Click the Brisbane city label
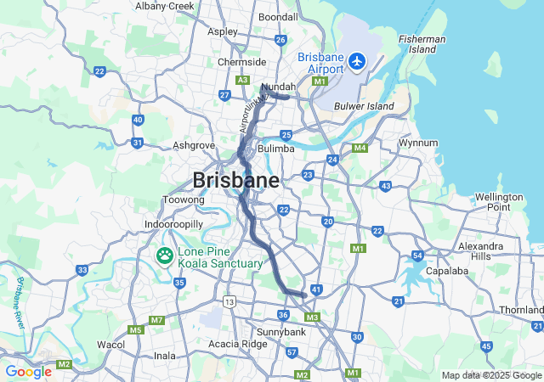coord(235,180)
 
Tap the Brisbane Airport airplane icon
coord(356,61)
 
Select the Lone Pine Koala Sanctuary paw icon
coord(163,256)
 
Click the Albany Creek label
coord(164,6)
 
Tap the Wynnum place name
coord(418,143)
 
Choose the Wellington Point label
coord(499,201)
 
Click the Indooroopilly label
coord(173,225)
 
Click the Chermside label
coord(241,62)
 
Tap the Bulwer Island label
coord(364,105)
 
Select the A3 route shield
coord(243,80)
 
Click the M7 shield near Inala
coord(156,320)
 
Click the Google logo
coord(28,372)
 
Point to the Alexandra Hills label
coord(480,250)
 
